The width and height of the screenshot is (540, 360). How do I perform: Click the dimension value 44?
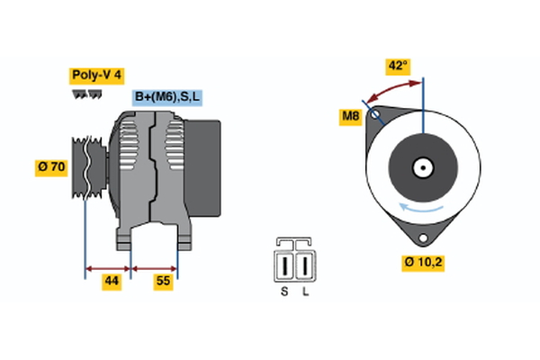coord(111,282)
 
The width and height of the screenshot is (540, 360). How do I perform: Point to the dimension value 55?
coord(164,282)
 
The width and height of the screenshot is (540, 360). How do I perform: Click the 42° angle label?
coord(397,66)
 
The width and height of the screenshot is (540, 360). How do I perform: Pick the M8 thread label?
coord(350,115)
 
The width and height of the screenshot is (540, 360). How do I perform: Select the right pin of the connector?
coord(306,265)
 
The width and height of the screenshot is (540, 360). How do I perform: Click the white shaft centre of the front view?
coord(422,167)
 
